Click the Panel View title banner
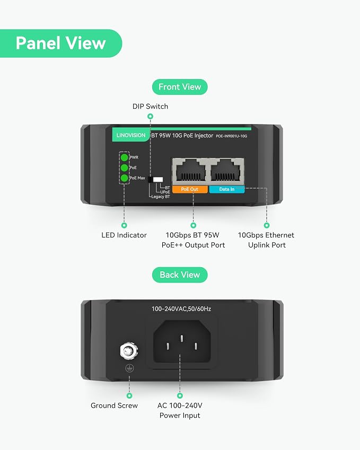(61, 43)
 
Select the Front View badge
(180, 87)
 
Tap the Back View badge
(180, 275)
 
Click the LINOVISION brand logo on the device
(131, 135)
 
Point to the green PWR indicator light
(124, 157)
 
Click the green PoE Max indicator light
(124, 178)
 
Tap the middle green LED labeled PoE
(124, 167)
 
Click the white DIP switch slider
(158, 180)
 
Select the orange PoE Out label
(190, 189)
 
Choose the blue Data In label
(227, 189)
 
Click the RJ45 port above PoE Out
(191, 171)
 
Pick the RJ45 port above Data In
(226, 171)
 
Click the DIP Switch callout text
(150, 107)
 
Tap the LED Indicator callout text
(124, 235)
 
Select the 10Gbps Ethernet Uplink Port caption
(266, 240)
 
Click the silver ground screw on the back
(129, 350)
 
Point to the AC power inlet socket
(182, 341)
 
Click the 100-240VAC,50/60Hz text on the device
(181, 309)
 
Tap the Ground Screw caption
(115, 405)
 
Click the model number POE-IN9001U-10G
(231, 136)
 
